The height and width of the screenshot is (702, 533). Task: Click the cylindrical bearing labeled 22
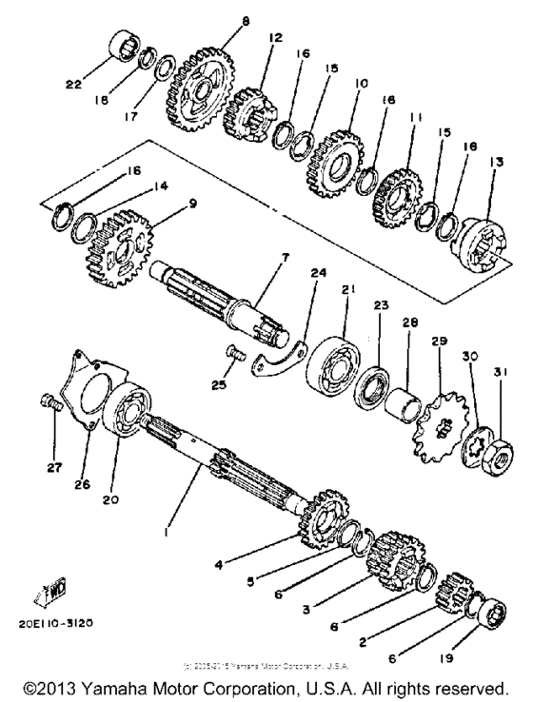point(125,49)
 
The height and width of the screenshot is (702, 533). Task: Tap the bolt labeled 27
point(54,404)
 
